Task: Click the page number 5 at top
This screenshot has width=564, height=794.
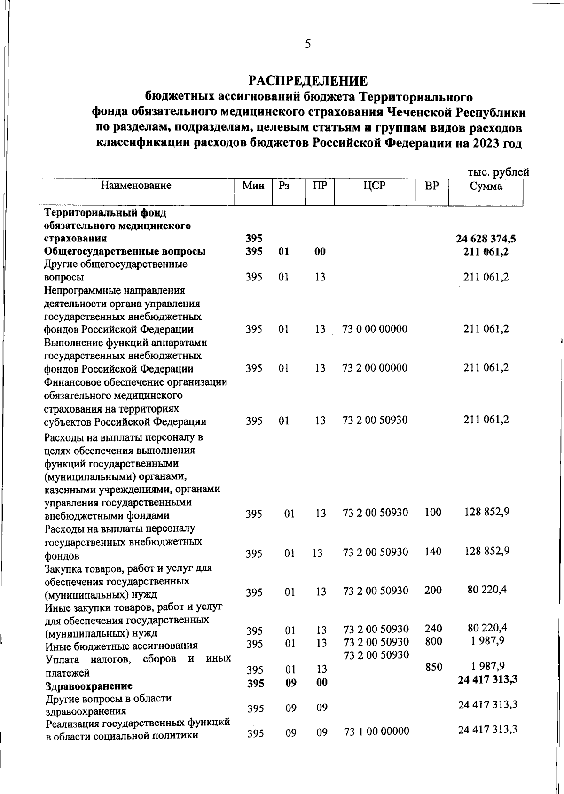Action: (x=308, y=44)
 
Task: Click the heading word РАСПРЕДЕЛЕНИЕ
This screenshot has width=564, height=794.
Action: (x=308, y=81)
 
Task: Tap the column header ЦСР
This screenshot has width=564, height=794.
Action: (x=374, y=186)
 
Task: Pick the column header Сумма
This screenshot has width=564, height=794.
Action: (x=486, y=187)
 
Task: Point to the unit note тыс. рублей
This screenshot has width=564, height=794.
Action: (x=498, y=172)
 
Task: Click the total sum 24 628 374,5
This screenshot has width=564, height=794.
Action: (x=486, y=238)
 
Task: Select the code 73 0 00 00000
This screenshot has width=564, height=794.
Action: (x=375, y=329)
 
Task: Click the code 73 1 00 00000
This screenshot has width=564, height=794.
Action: (x=376, y=732)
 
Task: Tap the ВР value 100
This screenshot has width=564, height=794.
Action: (x=433, y=512)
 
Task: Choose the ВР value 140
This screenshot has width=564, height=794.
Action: (x=433, y=552)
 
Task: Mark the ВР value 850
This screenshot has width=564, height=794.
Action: (x=433, y=667)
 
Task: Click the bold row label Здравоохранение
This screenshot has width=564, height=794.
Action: (x=89, y=686)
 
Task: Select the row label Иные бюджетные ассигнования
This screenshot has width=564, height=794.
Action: (x=122, y=646)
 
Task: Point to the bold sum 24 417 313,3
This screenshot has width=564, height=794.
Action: (x=487, y=679)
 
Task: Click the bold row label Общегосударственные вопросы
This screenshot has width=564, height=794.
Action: (x=125, y=251)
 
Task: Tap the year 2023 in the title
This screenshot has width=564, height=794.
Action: (x=483, y=143)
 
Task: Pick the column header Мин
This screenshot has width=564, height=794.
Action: (x=253, y=186)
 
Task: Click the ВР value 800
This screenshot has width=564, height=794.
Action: (x=433, y=641)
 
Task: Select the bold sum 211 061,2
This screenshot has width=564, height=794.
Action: (x=486, y=251)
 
